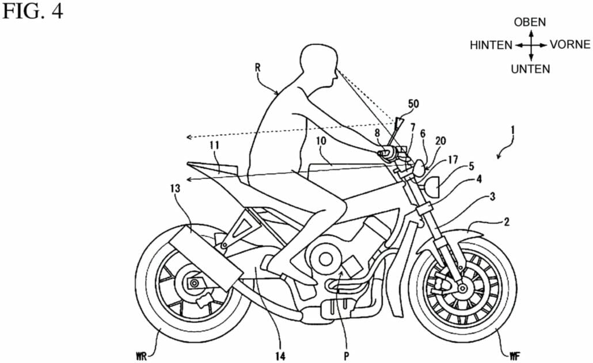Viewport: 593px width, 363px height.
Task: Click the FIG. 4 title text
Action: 32,12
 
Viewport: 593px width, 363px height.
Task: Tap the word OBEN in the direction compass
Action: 530,22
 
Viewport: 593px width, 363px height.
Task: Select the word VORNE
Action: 569,45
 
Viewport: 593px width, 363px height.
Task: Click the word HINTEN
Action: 491,45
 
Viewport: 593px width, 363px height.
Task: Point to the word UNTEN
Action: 530,69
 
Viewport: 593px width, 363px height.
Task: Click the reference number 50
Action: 413,104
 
